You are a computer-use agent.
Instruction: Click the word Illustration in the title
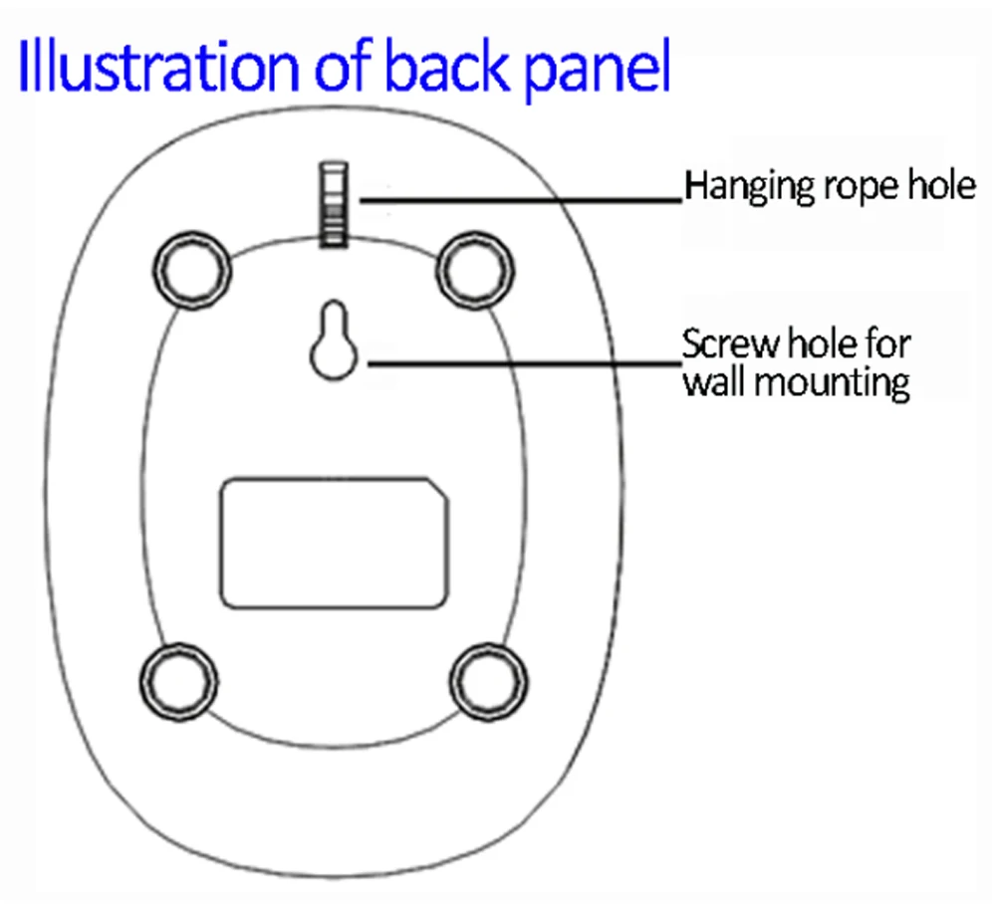tap(154, 67)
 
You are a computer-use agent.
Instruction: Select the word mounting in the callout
tap(833, 382)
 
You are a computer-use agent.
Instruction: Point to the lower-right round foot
tap(487, 683)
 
